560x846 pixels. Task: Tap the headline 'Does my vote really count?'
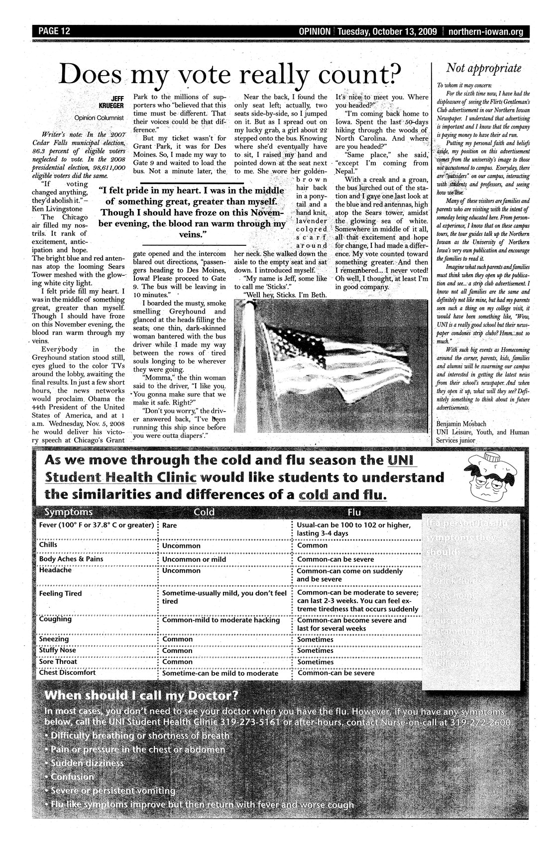229,75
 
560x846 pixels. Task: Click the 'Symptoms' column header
68,512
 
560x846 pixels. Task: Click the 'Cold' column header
204,512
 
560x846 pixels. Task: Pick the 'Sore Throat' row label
58,662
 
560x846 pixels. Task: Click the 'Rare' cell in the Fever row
170,525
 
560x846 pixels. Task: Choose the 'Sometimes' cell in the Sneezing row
315,639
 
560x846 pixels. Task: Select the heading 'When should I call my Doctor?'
141,695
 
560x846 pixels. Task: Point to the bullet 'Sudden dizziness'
87,763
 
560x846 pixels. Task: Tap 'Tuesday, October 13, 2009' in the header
387,32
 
